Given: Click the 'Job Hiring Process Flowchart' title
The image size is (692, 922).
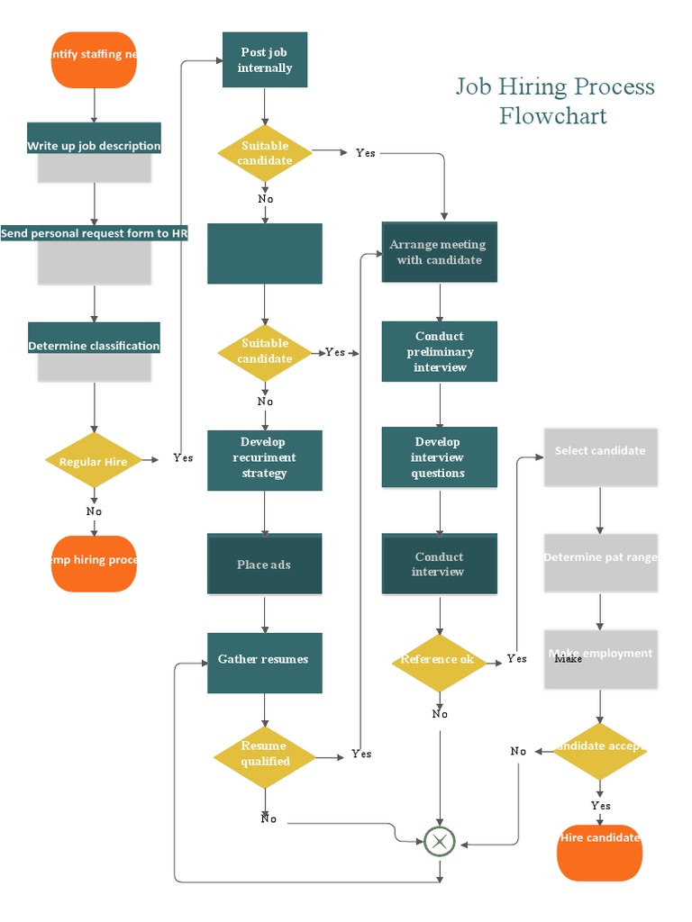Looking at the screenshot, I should point(554,101).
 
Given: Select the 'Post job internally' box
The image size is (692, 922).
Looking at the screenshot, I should point(265,60).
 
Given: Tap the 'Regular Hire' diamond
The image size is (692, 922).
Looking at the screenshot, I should point(94,462).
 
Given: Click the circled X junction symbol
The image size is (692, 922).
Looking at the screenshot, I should point(440,842).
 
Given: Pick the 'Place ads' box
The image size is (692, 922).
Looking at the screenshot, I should point(264,565).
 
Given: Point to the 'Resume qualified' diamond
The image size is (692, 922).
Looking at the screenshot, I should point(265,755).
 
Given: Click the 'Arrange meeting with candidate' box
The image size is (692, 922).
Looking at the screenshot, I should point(439,252).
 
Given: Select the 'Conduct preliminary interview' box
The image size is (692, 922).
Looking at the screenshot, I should point(440,351).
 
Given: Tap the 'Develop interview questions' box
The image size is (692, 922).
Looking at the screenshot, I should point(439,457).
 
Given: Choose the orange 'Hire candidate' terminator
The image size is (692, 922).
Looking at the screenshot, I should point(599,851).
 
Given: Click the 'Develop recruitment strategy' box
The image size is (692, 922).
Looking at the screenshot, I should point(264,459).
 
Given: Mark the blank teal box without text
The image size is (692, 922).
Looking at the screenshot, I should point(264,254).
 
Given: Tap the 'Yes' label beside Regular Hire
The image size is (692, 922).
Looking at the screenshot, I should point(183,457).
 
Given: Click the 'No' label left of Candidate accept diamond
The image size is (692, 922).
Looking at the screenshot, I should point(518,751).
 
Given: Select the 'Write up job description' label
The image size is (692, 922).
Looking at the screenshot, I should point(94,146).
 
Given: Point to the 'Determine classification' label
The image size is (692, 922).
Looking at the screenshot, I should point(94,346).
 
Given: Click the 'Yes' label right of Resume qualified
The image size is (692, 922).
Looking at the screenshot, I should point(361,754).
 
